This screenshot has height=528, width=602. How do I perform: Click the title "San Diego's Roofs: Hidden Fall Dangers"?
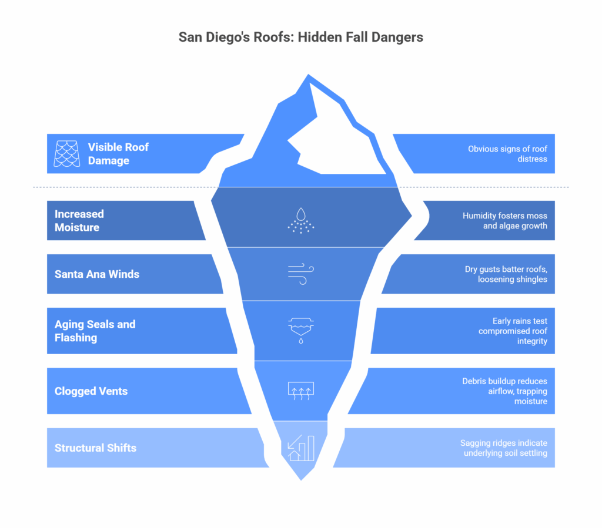coord(300,37)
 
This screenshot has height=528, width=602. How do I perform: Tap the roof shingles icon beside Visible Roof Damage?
coord(67,153)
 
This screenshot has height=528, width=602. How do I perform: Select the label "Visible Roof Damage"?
coord(118,154)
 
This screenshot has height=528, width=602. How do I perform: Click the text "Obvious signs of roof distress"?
coord(507,154)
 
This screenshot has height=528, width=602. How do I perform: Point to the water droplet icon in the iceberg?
coord(301,220)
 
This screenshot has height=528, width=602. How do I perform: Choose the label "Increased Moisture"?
coord(79,220)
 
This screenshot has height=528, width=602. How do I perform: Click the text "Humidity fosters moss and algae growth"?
coord(504,220)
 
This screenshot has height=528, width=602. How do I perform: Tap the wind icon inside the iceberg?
coord(301,274)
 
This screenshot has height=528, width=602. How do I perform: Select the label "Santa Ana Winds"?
coord(97,274)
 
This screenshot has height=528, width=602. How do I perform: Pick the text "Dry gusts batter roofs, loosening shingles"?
coord(506,274)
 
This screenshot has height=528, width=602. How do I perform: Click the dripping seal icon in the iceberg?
coord(301,330)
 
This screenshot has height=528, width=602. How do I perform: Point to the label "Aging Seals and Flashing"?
coord(95,331)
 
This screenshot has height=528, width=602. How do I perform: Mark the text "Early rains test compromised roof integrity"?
coord(513,331)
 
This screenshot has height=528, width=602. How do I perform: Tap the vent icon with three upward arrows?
coord(301,391)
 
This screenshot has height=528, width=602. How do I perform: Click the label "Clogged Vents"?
coord(91,391)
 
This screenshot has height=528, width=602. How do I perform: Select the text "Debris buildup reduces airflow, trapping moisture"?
coord(504,391)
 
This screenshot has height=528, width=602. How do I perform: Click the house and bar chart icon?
coord(301,448)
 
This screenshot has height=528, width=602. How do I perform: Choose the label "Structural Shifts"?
coord(95,448)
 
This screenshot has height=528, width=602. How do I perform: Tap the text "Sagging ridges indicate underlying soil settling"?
coord(504,448)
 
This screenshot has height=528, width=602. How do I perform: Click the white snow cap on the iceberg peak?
coord(335,138)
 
